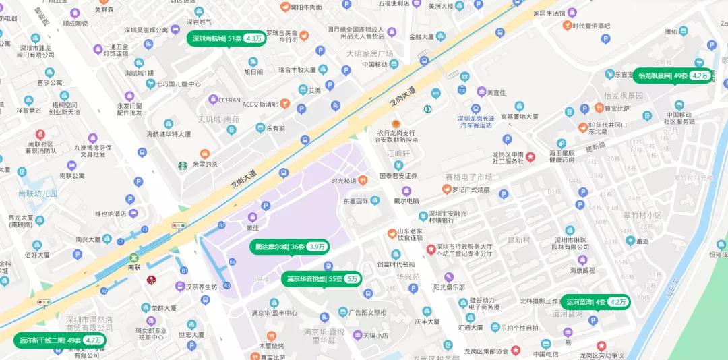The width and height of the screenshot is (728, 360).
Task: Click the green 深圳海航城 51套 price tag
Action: [x=226, y=38]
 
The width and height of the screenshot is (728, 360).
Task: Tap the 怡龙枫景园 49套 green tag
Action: [x=671, y=76]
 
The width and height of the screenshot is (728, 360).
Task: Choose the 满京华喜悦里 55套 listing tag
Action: [x=322, y=278]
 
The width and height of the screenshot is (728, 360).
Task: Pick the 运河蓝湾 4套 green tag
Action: [x=595, y=302]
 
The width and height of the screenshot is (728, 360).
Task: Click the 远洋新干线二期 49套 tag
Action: [x=60, y=340]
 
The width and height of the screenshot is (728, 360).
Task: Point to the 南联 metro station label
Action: [x=135, y=267]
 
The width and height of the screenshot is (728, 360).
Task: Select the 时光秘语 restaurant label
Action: [x=344, y=180]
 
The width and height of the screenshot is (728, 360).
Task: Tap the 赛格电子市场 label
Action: [x=469, y=177]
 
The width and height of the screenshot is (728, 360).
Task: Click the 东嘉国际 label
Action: [x=355, y=201]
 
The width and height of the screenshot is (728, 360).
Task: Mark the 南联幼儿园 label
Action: [x=38, y=193]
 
